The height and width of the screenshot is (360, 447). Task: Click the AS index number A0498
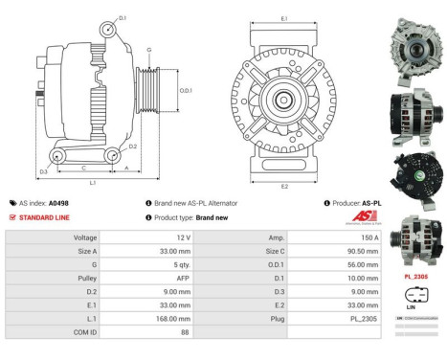59,203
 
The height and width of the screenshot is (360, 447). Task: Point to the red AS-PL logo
373,217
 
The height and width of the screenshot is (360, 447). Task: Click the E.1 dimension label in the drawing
284,18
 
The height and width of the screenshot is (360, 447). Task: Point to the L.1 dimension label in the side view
92,181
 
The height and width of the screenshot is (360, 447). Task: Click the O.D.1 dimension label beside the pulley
186,90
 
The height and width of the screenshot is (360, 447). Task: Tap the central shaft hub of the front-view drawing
283,101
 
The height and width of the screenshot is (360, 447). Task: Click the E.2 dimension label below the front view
284,185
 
